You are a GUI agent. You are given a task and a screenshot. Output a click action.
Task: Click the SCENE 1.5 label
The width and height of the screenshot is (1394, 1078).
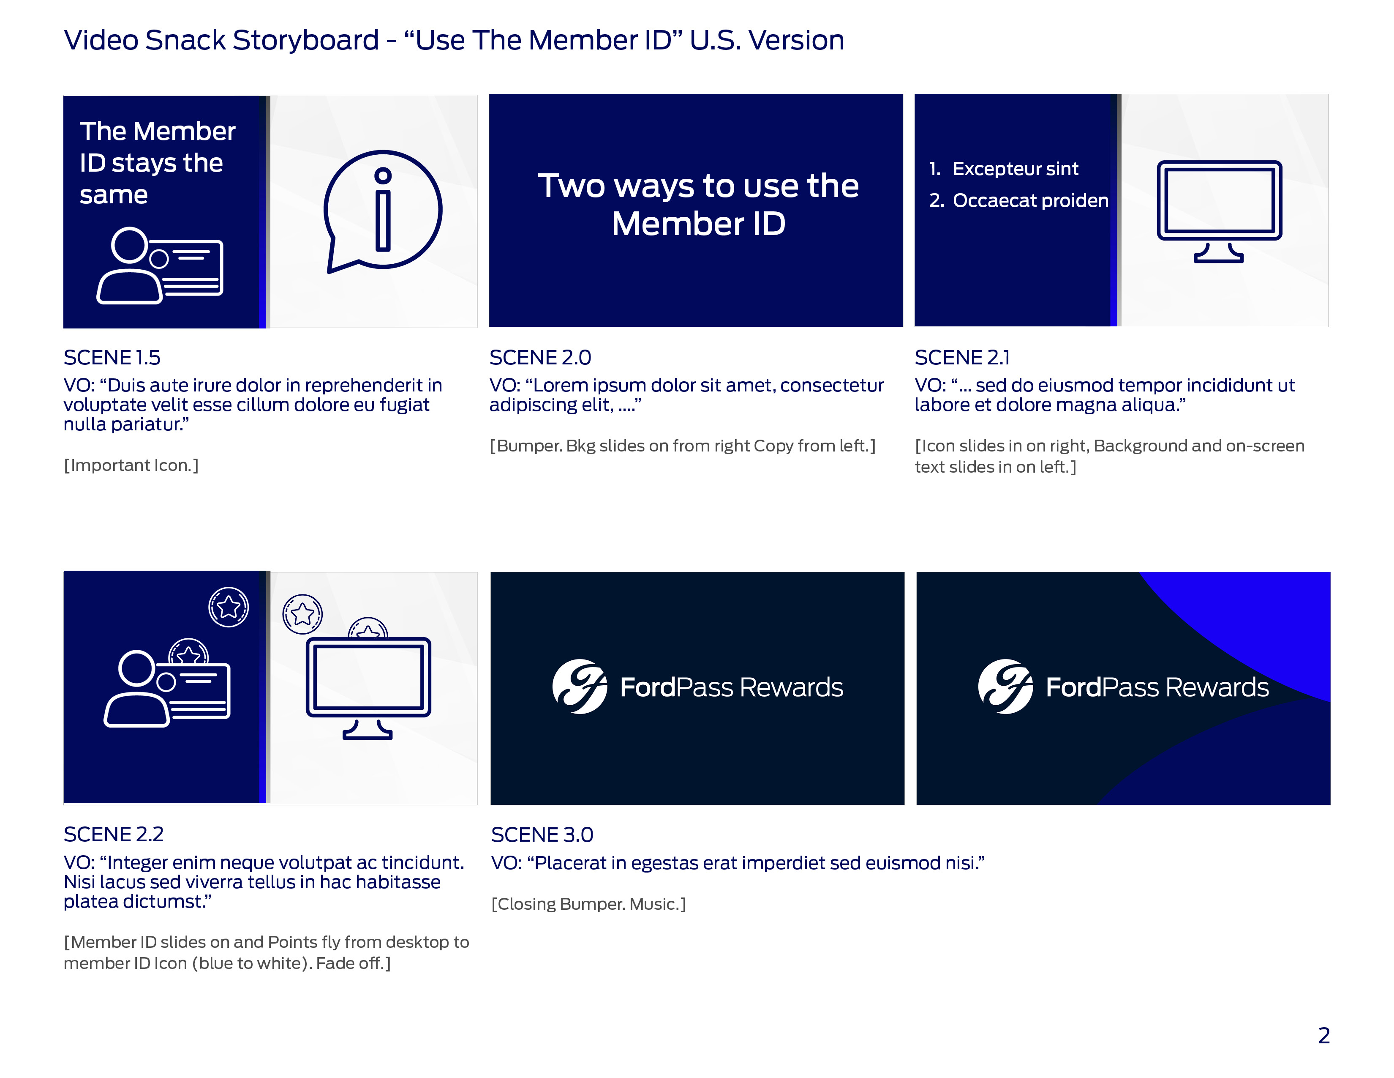click(x=112, y=358)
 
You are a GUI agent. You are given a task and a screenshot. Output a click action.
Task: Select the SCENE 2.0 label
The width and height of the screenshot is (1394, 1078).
click(x=540, y=358)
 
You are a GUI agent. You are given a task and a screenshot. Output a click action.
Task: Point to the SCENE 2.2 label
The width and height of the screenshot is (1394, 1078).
click(x=114, y=834)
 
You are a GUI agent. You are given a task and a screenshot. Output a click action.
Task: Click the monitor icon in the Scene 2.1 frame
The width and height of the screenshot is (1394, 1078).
click(x=1219, y=211)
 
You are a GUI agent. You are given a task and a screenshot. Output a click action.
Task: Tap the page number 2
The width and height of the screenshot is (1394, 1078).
click(x=1324, y=1035)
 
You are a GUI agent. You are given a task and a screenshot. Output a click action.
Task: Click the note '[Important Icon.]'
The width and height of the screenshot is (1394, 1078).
click(x=131, y=465)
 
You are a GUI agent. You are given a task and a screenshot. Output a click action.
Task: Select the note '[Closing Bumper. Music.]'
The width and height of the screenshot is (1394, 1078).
click(x=588, y=904)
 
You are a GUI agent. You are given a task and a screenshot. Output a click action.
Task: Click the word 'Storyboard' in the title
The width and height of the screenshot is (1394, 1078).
click(x=306, y=40)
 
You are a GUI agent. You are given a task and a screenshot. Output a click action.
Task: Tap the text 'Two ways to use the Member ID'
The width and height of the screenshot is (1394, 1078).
click(x=698, y=204)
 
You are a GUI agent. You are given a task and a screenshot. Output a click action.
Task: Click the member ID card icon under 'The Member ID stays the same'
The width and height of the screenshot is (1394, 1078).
click(x=160, y=265)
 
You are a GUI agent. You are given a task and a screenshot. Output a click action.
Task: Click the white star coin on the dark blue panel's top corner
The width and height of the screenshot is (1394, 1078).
click(x=229, y=607)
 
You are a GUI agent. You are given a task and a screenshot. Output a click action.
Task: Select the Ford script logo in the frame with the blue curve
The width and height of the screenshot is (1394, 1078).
click(x=1005, y=687)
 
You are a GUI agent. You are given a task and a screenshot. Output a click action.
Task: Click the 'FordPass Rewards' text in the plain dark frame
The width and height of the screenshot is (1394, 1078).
click(x=732, y=687)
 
